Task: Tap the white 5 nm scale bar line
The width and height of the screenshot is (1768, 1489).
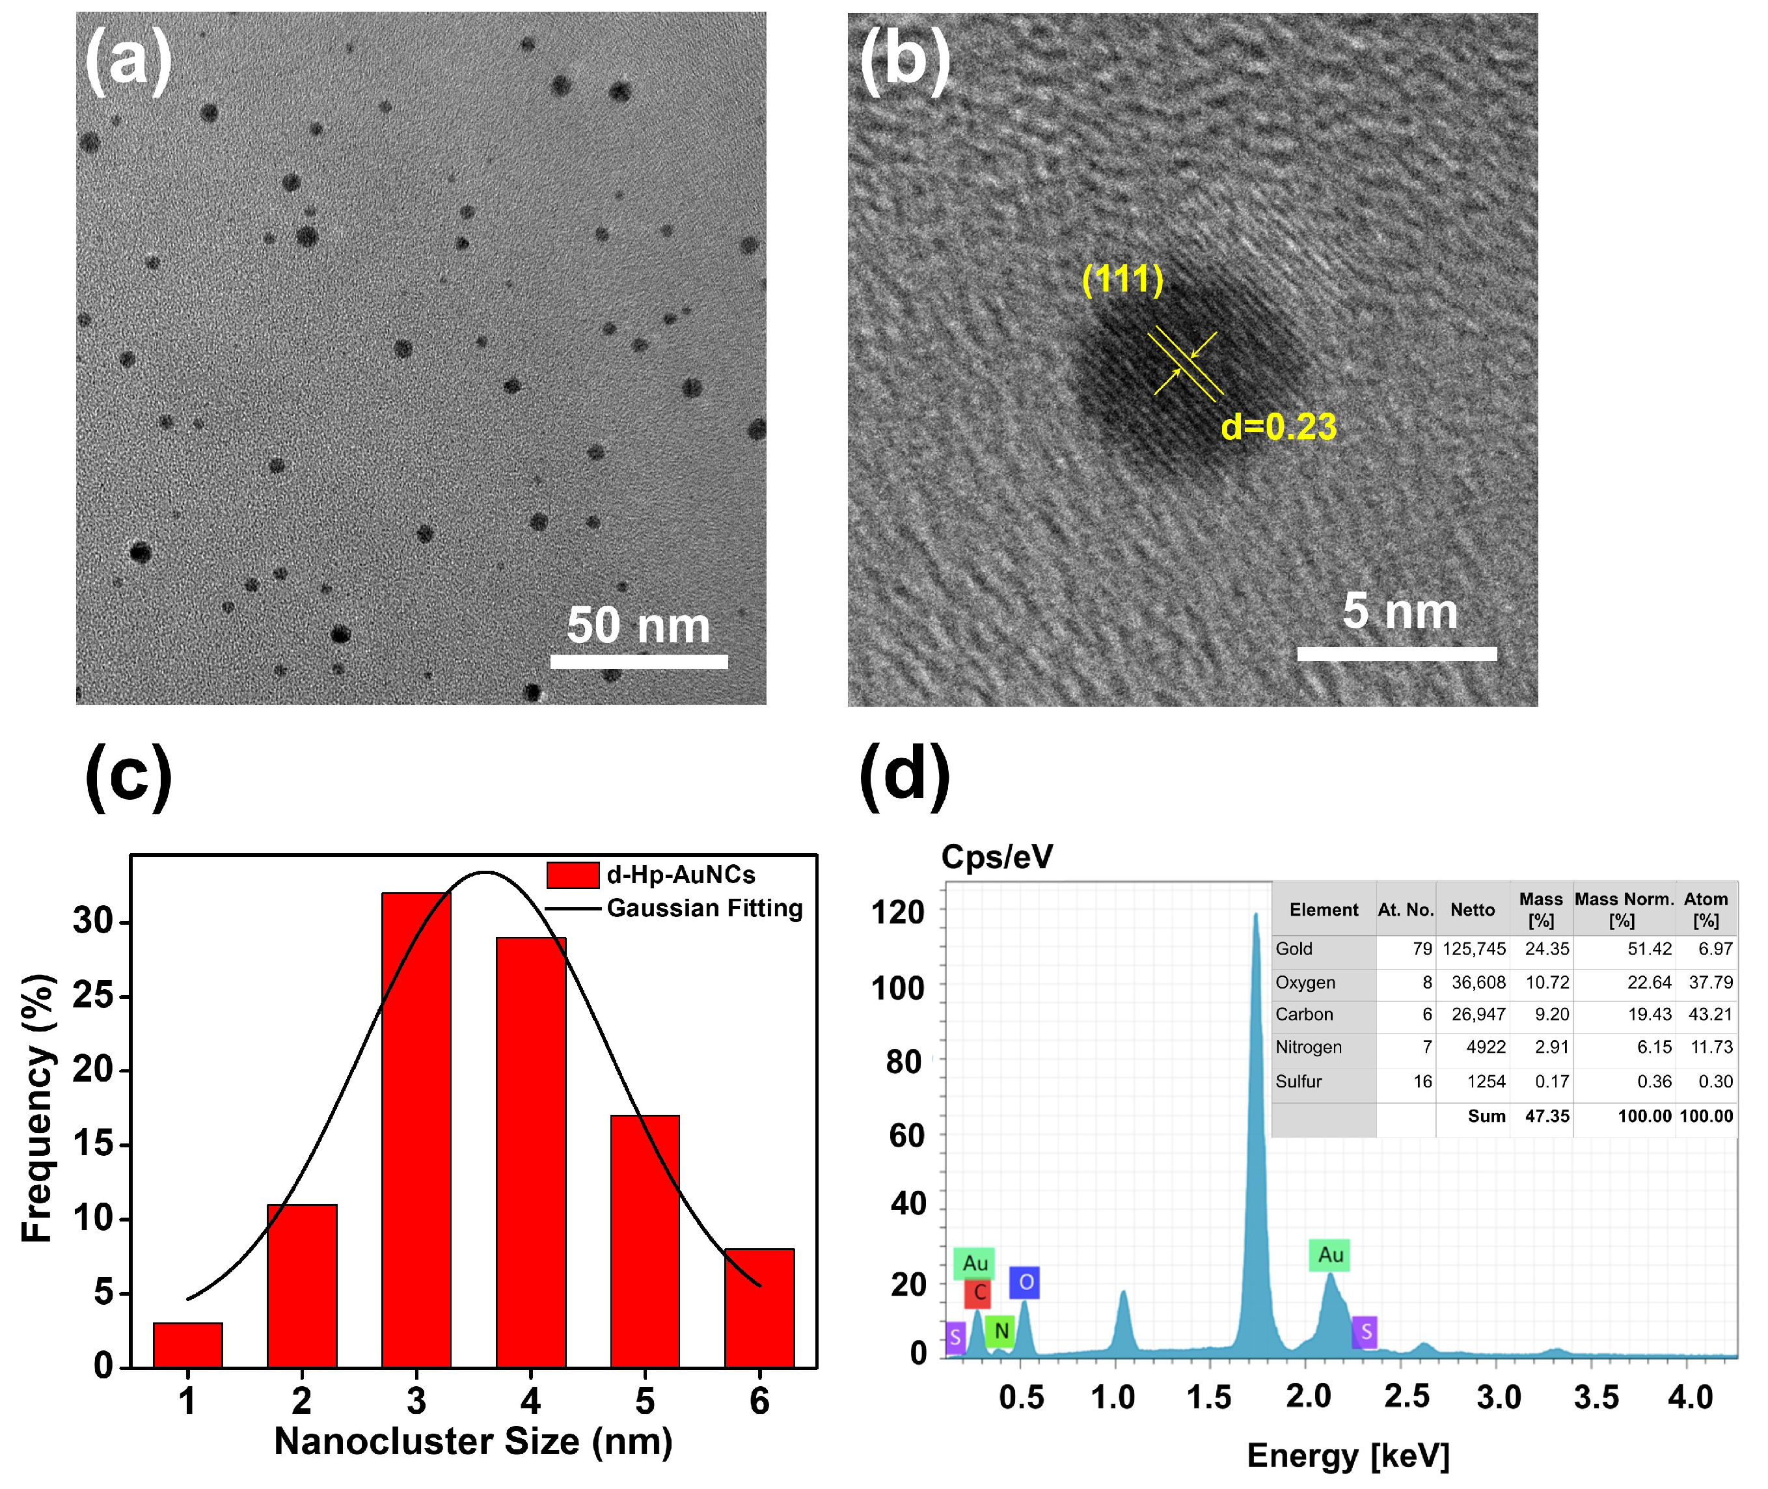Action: pos(1396,653)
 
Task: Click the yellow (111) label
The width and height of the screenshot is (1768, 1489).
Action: pos(1122,279)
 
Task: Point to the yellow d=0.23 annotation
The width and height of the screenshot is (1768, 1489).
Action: pos(1278,427)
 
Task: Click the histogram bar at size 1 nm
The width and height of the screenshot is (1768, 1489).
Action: pos(187,1346)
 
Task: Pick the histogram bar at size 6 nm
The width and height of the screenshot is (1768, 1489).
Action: pos(759,1308)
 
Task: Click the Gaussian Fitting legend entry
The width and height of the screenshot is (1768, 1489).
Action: pos(704,908)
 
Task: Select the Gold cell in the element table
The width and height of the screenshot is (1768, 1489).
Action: pos(1294,949)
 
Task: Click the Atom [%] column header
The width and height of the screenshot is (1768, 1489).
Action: pos(1706,909)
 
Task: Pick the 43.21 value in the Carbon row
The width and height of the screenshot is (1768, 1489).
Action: pos(1710,1014)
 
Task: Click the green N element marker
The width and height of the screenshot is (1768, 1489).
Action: pos(1001,1331)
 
